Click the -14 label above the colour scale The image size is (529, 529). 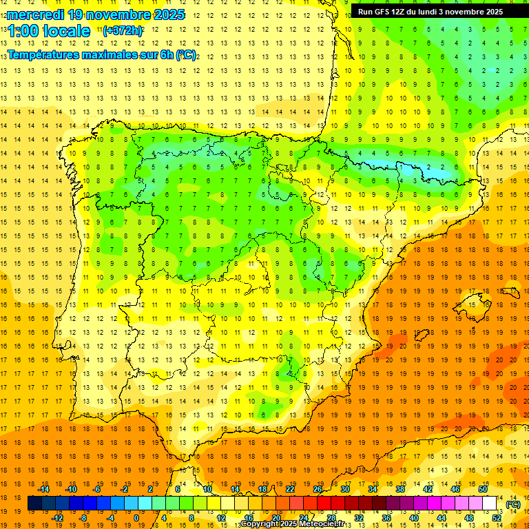click(x=44, y=489)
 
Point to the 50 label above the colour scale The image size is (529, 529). click(x=483, y=489)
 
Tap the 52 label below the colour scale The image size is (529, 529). click(x=497, y=518)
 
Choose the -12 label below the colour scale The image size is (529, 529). click(x=58, y=518)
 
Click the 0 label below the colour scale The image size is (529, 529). click(x=136, y=518)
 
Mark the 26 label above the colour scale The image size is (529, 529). click(x=318, y=489)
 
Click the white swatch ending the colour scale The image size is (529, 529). click(x=490, y=504)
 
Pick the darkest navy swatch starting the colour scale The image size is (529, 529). click(x=34, y=504)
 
